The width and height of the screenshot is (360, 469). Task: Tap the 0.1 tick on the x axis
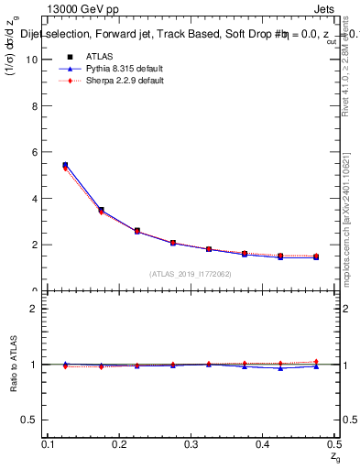50,443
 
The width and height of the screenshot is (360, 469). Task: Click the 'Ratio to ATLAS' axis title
15,364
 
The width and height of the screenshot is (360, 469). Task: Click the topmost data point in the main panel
65,165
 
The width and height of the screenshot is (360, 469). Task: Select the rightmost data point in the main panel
316,256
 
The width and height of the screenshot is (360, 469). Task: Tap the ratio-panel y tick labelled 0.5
36,420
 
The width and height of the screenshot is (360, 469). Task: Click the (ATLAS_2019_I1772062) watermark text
191,274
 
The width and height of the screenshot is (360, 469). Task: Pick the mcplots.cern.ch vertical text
345,229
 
